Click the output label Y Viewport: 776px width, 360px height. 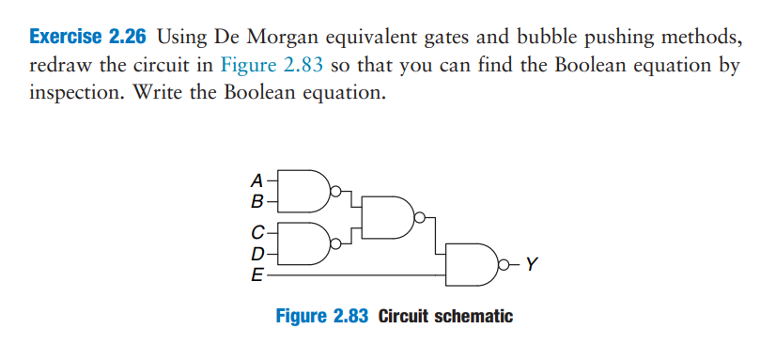[x=533, y=264]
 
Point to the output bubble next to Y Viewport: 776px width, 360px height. [x=509, y=264]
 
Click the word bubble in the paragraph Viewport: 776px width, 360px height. [x=564, y=39]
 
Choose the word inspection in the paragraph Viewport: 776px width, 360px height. [x=76, y=96]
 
